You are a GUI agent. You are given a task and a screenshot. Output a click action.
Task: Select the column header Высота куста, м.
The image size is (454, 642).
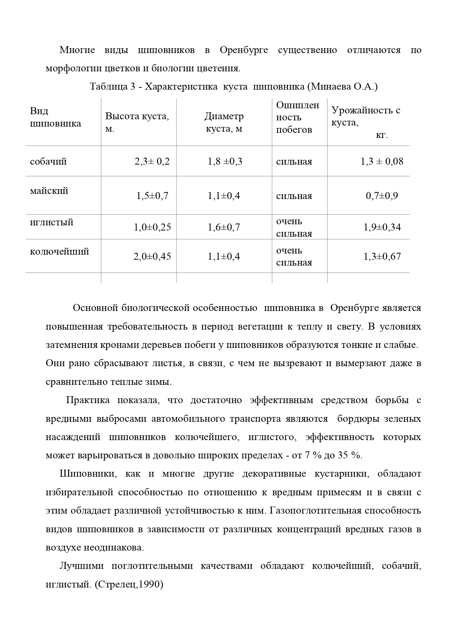137,123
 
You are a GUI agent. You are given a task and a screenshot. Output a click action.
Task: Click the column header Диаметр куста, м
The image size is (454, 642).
224,123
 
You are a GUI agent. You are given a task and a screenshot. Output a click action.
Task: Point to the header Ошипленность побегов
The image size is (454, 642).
297,117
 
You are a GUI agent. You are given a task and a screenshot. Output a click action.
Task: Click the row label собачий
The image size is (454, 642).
48,161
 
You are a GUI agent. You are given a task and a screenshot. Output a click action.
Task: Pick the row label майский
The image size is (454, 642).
49,191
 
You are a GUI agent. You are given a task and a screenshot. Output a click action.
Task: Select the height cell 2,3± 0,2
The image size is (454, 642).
152,161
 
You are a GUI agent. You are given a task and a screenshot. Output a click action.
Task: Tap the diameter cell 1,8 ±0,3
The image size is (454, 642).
225,161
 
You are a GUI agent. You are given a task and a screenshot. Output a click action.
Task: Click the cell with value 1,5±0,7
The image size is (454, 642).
152,196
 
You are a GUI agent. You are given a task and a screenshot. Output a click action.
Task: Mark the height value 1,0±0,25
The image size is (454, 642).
152,227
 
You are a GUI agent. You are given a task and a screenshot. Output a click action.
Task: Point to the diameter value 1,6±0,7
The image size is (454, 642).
224,227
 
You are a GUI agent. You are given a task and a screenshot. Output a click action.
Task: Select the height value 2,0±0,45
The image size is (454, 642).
152,256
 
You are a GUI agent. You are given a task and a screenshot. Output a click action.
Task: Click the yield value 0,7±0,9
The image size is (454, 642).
382,196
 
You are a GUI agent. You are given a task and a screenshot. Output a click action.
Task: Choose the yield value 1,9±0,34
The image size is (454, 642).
382,227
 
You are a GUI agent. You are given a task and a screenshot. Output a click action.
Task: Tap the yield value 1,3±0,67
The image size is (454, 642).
382,256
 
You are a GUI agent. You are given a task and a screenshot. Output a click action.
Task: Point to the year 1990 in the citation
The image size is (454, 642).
151,585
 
